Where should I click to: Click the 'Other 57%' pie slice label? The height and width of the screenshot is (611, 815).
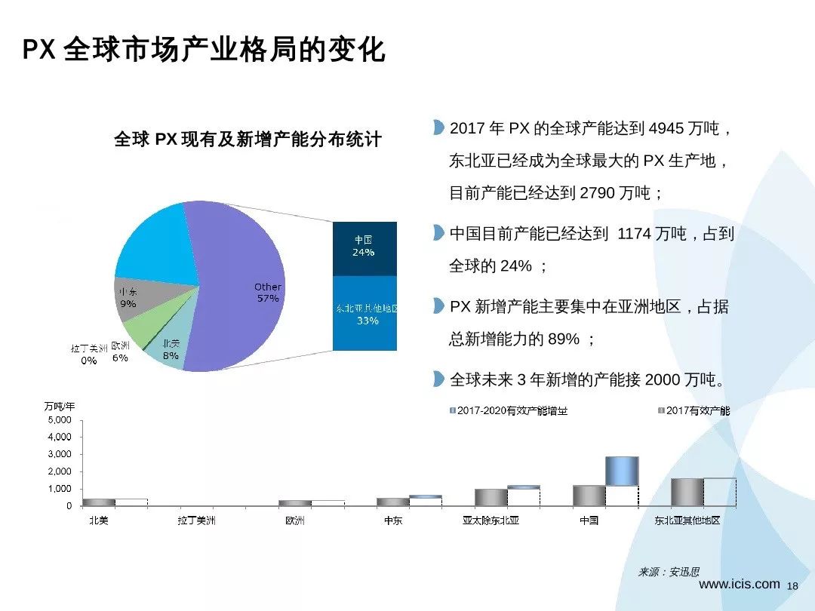(x=267, y=293)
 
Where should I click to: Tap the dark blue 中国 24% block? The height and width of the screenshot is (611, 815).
(x=364, y=247)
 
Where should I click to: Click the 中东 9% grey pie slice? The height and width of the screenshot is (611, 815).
(x=136, y=295)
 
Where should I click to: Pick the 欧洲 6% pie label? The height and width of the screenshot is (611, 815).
(x=120, y=352)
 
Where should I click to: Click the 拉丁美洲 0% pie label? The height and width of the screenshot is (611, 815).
(x=89, y=355)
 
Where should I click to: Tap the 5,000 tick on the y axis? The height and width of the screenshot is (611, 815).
(x=60, y=420)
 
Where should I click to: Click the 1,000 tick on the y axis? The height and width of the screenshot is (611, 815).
(x=60, y=489)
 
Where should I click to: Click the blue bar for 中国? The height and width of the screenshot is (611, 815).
(x=623, y=471)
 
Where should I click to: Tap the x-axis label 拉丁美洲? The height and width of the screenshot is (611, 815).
(x=196, y=520)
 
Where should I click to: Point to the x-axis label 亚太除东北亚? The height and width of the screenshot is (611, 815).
(x=491, y=520)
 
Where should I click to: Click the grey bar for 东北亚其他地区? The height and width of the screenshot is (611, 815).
(x=687, y=492)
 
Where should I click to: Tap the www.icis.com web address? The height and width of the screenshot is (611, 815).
(x=740, y=584)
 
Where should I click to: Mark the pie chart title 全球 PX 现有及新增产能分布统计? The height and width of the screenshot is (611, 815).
(x=248, y=140)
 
